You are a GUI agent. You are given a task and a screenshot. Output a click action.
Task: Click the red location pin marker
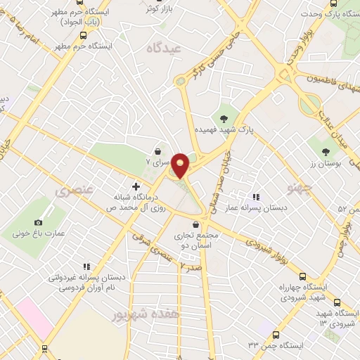click(x=181, y=165)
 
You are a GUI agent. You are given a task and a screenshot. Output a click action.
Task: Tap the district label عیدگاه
click(x=163, y=48)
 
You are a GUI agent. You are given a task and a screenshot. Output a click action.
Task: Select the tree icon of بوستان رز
click(x=325, y=151)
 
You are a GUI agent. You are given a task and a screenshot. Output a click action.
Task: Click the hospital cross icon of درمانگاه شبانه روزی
click(x=136, y=186)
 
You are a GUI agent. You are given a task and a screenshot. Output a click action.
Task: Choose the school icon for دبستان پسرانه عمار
click(x=256, y=197)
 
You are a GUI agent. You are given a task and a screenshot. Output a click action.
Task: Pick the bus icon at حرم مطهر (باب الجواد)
click(x=84, y=34)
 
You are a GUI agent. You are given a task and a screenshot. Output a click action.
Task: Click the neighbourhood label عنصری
click(x=72, y=191)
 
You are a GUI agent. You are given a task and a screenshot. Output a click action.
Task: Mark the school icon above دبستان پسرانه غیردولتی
click(x=86, y=266)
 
